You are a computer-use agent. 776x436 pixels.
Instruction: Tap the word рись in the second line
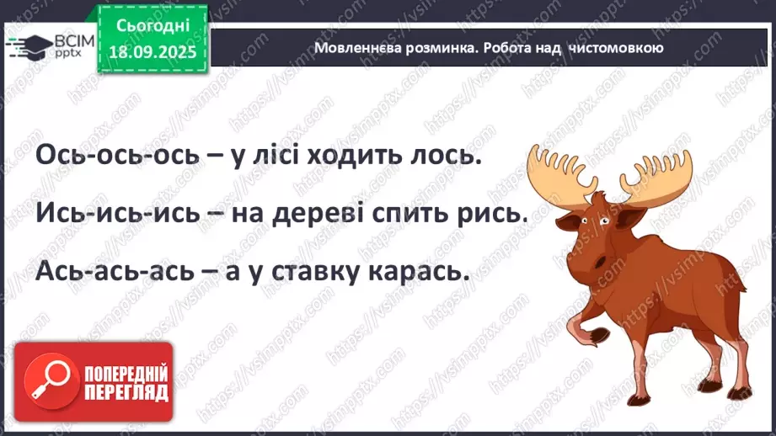click(x=486, y=215)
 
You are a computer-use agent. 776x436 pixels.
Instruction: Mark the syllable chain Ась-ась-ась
click(x=114, y=273)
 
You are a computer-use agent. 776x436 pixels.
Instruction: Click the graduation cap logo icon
click(x=28, y=45)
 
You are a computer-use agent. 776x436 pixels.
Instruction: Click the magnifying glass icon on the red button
click(x=42, y=382)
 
